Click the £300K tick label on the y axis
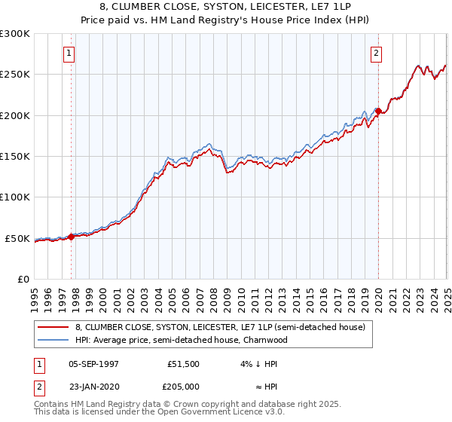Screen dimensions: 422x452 [15, 34]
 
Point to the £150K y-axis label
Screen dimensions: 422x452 [15, 157]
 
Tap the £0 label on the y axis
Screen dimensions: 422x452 [23, 279]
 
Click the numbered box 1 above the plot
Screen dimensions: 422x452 [69, 54]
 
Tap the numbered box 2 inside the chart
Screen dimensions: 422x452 [376, 54]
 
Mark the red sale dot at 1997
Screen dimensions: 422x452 [72, 237]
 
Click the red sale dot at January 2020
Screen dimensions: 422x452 [378, 112]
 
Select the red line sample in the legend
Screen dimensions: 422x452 [54, 328]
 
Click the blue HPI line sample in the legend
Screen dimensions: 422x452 [54, 340]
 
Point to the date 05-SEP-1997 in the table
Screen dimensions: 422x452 [93, 364]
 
